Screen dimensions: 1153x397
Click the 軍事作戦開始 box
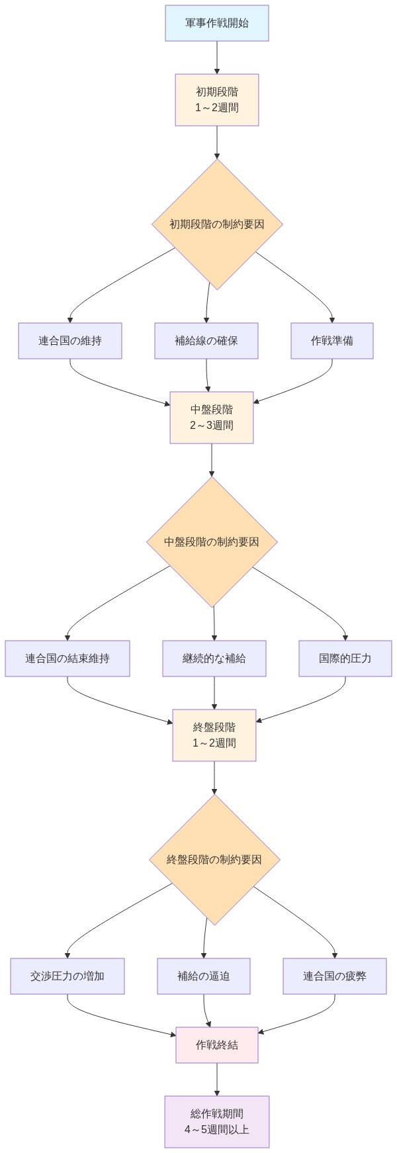click(x=217, y=23)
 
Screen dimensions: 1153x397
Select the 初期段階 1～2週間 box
click(x=217, y=99)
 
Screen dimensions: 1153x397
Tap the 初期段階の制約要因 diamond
click(x=217, y=224)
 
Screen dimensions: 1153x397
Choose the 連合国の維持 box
click(x=70, y=341)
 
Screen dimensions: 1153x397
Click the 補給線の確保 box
click(x=206, y=341)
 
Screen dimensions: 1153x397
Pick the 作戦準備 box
click(x=332, y=341)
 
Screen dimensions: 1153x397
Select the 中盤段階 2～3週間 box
click(x=212, y=417)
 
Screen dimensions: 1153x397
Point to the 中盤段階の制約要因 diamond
click(x=212, y=541)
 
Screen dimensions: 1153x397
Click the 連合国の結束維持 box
click(x=67, y=659)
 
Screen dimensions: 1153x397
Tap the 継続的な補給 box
click(x=214, y=659)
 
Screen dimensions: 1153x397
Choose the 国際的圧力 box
click(x=345, y=659)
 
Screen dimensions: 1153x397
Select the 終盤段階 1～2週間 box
click(x=214, y=735)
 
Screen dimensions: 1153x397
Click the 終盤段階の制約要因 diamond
click(x=214, y=859)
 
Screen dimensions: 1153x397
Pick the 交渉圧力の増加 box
click(x=67, y=976)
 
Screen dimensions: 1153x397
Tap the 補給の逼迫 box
click(x=204, y=976)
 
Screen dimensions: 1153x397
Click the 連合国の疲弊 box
click(x=335, y=976)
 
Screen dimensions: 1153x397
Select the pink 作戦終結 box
click(x=217, y=1045)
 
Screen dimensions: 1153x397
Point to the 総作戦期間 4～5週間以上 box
click(x=217, y=1121)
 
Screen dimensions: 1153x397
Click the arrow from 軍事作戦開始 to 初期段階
click(x=217, y=58)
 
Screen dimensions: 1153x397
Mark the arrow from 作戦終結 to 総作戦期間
click(x=217, y=1080)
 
